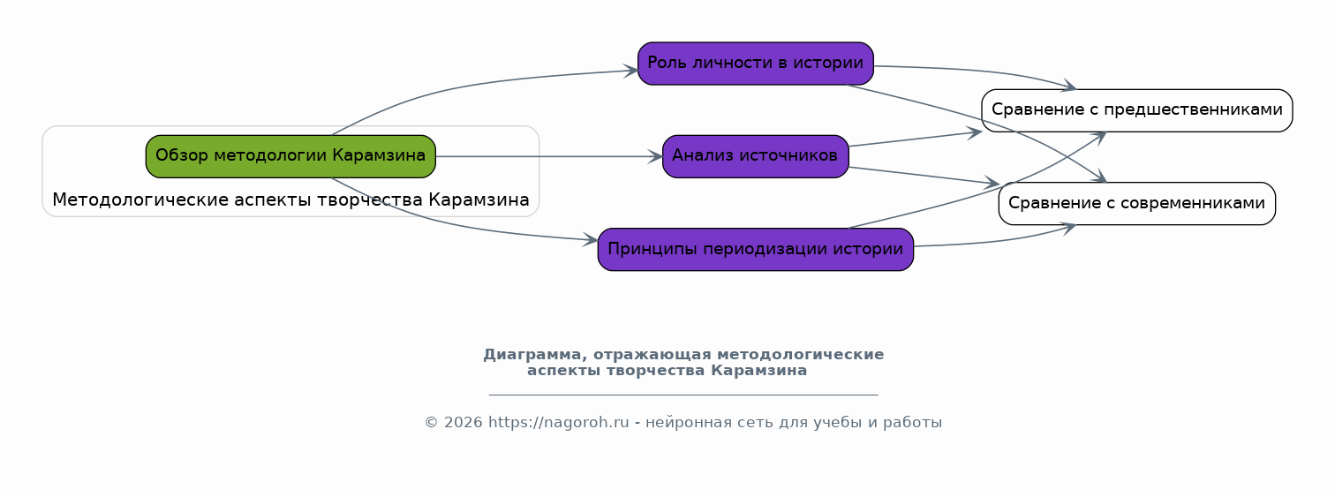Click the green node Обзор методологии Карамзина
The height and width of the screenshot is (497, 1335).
coord(290,156)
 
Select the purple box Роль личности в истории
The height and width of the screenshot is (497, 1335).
coord(755,64)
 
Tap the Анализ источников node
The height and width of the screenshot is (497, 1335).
coord(755,156)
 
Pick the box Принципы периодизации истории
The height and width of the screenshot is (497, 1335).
coord(755,249)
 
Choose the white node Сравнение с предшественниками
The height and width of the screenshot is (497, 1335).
coord(1136,110)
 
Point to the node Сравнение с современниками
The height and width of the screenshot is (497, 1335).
coord(1136,203)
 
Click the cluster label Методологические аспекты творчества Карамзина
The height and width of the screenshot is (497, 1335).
coord(290,200)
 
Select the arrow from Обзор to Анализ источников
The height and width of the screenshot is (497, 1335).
coord(549,157)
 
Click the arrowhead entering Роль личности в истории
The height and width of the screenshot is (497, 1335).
coord(631,71)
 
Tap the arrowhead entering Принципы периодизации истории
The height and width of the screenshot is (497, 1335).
coord(591,239)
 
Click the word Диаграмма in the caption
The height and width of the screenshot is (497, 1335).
coord(532,355)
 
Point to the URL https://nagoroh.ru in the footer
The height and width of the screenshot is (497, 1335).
coord(558,423)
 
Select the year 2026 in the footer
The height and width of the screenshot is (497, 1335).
coord(463,423)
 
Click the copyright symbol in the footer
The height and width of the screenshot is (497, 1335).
coord(432,423)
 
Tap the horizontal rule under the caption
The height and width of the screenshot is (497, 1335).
coord(683,395)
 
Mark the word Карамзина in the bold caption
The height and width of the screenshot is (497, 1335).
coord(758,371)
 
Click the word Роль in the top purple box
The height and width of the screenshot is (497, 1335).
coord(667,63)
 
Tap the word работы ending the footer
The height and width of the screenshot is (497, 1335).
coord(912,423)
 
